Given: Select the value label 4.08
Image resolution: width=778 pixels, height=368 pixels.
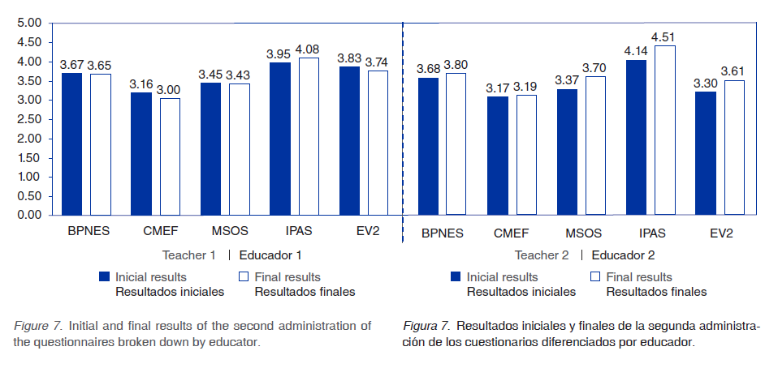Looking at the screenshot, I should coord(308,49).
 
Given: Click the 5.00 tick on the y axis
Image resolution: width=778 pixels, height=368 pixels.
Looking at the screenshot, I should coord(29,24).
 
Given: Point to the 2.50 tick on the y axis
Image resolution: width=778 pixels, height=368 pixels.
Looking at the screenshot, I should coord(29,119).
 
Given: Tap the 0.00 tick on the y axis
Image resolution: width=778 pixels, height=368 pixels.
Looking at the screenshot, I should coord(29,215).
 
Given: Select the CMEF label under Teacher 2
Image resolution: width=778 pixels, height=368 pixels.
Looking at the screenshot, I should coord(512,234).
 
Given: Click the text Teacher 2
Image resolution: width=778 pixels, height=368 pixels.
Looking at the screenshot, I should coord(541,255).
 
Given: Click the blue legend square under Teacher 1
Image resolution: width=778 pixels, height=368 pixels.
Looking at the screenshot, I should coord(104,276).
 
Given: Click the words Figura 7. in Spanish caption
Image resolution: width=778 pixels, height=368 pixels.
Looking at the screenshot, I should coord(426,326).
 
